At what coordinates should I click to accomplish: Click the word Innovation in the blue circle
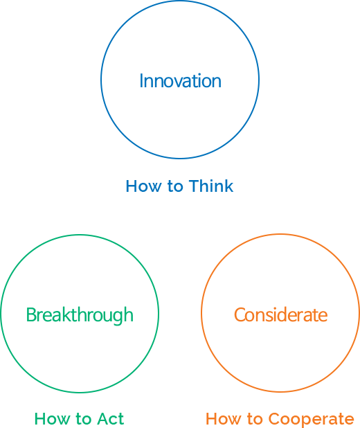(x=180, y=81)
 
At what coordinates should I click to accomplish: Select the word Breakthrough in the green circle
(x=80, y=316)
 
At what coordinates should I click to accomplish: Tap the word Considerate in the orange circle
(x=281, y=314)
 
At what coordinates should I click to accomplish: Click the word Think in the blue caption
(x=211, y=186)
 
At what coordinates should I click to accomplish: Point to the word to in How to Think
(x=175, y=187)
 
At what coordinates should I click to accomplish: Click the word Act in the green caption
(x=111, y=419)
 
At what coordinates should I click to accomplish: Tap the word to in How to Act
(x=83, y=419)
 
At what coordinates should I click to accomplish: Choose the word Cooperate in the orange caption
(x=311, y=420)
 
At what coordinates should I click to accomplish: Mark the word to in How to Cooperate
(x=254, y=419)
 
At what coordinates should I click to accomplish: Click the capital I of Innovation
(x=141, y=81)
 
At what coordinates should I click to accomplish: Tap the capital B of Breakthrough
(x=31, y=314)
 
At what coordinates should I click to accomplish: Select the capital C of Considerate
(x=240, y=314)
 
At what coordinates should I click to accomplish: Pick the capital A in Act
(x=104, y=419)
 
